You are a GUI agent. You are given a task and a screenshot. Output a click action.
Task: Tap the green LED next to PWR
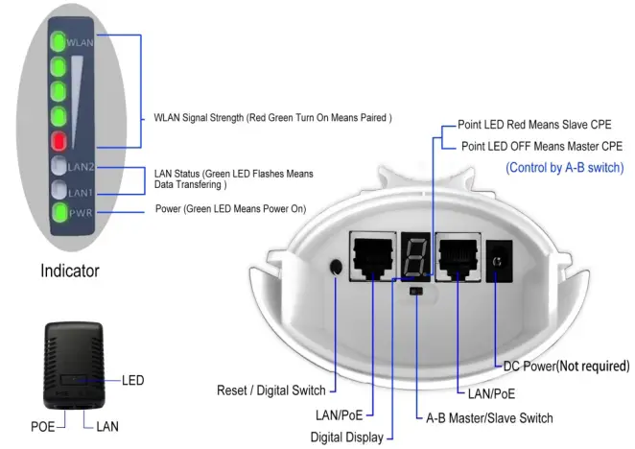(59, 211)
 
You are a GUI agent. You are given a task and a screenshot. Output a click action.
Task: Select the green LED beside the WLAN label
(59, 41)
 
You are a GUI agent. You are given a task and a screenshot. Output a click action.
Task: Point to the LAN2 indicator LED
(59, 167)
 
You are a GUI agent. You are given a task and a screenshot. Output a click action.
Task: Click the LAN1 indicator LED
(59, 189)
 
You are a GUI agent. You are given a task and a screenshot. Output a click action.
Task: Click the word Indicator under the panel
(69, 271)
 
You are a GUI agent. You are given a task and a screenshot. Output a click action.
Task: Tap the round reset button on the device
(337, 267)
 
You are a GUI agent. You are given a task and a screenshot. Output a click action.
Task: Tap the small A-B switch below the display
(414, 289)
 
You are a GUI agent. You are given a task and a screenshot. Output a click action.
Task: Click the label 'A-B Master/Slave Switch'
(489, 418)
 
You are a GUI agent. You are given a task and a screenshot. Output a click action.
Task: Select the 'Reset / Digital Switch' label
(271, 390)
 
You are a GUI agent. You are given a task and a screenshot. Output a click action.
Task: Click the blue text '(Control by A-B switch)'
(564, 168)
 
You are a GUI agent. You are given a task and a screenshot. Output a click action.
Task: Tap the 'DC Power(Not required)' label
(566, 366)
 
